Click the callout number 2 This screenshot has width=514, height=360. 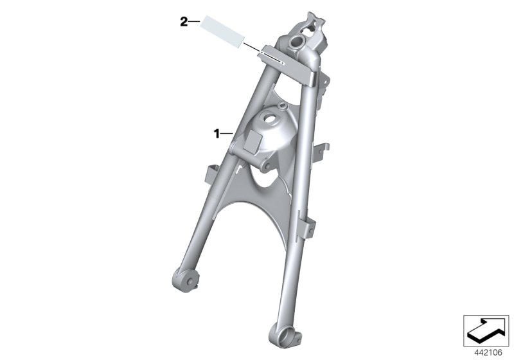point(183,22)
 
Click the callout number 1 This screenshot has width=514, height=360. point(217,134)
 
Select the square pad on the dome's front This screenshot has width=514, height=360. point(253,138)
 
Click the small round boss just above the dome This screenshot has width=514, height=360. point(280,103)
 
